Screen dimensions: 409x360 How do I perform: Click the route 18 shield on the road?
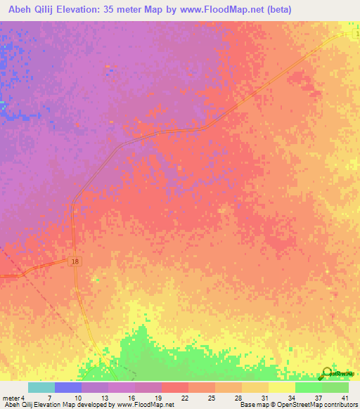75,261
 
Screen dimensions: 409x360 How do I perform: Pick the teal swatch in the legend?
41,387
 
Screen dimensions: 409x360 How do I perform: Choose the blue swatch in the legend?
68,387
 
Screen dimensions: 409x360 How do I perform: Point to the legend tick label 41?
344,397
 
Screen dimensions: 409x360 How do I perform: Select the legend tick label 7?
49,397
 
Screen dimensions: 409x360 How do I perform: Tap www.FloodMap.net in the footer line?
146,405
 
